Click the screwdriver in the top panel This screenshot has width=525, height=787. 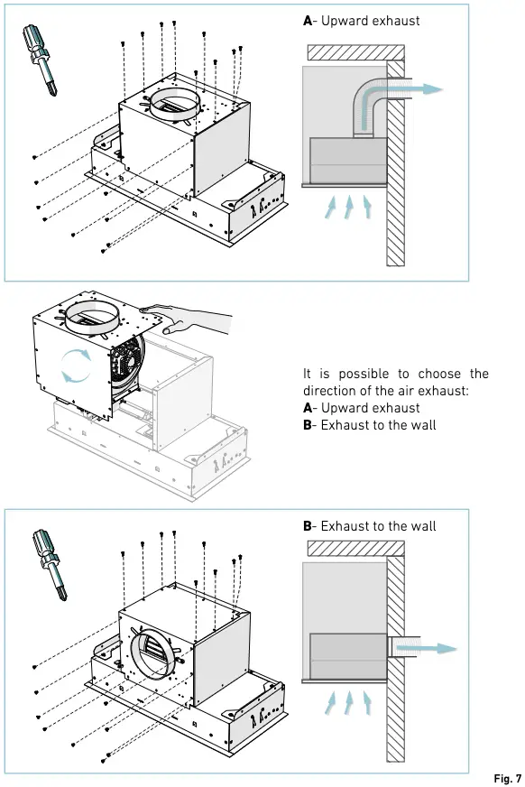click(40, 54)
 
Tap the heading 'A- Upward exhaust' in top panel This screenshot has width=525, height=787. click(361, 20)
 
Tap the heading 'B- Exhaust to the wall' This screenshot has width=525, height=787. click(369, 525)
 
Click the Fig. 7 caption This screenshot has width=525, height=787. click(508, 777)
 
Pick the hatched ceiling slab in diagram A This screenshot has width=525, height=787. click(347, 51)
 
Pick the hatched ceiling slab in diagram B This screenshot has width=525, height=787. click(347, 548)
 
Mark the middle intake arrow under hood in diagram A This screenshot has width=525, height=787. click(347, 206)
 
